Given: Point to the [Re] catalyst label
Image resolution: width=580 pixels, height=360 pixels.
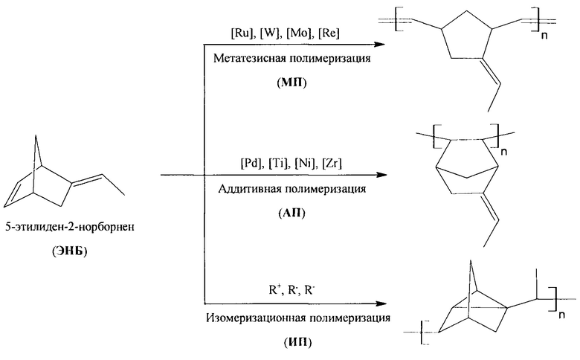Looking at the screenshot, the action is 329,33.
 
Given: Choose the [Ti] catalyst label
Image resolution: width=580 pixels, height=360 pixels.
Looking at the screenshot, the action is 279,163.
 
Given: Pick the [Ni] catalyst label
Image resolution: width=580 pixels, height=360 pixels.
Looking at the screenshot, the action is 305,163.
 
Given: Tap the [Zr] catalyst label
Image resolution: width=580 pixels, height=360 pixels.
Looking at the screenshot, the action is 332,163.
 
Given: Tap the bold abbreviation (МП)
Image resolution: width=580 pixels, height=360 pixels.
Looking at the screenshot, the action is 291,83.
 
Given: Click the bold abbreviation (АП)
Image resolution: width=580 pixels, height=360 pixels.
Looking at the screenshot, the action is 291,213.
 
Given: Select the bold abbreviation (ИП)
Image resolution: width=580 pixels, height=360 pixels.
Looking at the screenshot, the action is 297,343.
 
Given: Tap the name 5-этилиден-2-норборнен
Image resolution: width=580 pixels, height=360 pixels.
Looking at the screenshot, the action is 70,226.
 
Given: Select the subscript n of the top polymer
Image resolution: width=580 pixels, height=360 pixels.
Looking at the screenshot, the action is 544,36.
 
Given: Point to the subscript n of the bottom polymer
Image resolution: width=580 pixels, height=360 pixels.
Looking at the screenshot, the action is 561,315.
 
